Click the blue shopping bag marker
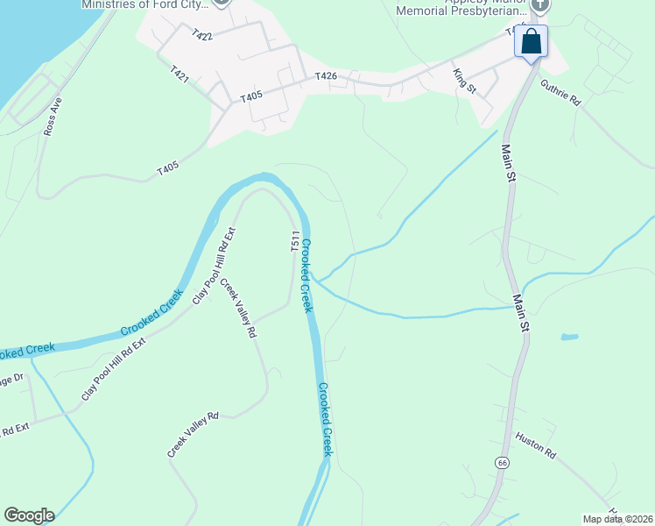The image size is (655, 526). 532,42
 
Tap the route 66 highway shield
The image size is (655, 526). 502,463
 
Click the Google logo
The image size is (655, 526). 29,515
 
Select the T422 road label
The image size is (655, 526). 201,35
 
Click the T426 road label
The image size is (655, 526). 327,78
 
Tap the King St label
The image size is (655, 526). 464,82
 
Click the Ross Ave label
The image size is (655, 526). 53,116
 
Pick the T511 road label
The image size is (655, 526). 295,243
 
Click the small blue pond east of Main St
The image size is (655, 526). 569,336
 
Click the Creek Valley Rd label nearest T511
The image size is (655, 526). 238,309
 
